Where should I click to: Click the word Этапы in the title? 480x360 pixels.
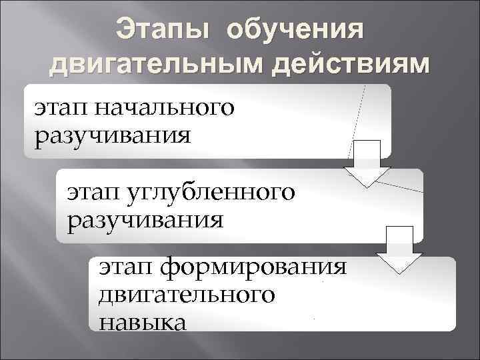pyautogui.click(x=162, y=31)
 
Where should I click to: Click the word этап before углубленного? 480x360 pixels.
pyautogui.click(x=93, y=191)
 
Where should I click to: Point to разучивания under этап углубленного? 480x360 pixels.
pyautogui.click(x=145, y=219)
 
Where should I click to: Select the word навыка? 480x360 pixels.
pyautogui.click(x=142, y=322)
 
